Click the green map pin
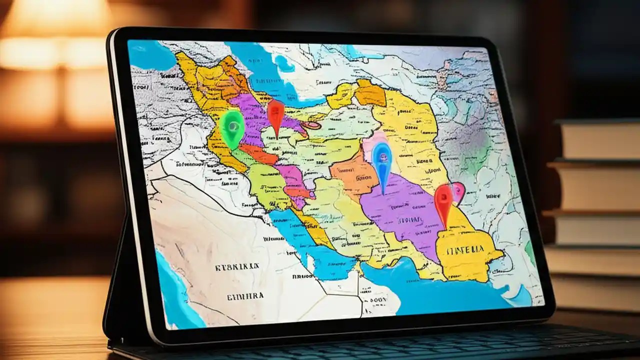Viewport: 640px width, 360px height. (232, 127)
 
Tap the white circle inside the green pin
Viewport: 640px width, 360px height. (232, 125)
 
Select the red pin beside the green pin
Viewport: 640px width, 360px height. (275, 114)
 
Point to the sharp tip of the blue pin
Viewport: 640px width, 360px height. (383, 193)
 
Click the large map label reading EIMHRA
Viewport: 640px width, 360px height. (245, 296)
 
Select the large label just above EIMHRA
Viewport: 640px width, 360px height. (237, 267)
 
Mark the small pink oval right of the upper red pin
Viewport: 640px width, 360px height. (311, 125)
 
